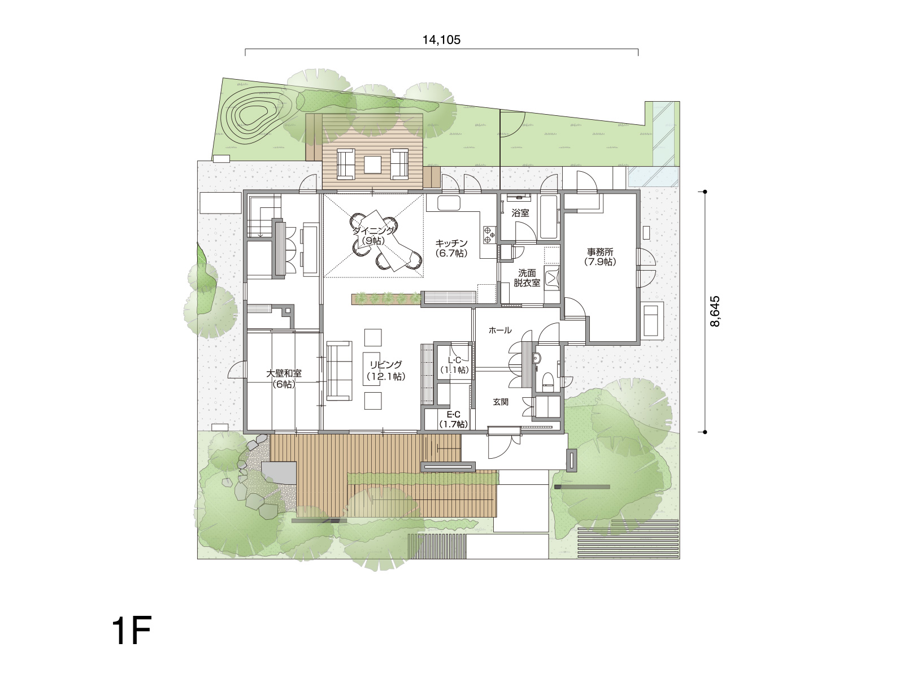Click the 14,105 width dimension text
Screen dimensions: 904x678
(x=441, y=40)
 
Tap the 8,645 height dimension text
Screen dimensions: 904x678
(x=715, y=311)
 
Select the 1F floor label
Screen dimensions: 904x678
(x=132, y=631)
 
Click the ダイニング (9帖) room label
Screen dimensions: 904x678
(x=373, y=236)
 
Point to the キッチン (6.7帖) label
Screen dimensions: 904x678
(x=451, y=248)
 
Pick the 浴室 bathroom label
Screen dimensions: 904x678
(x=520, y=213)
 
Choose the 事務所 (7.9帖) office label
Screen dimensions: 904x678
(x=600, y=257)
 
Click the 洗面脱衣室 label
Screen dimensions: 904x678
(x=527, y=278)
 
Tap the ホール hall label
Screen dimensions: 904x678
(x=500, y=330)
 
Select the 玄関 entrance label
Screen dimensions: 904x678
(x=501, y=402)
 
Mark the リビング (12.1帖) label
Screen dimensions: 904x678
(x=386, y=371)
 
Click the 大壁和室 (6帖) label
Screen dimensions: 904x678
(x=284, y=379)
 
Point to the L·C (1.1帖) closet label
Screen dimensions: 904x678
(x=454, y=365)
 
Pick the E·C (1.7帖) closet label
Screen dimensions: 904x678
(x=454, y=419)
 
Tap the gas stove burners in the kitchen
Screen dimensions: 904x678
(x=489, y=234)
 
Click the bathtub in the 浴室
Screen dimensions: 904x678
(x=549, y=217)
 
